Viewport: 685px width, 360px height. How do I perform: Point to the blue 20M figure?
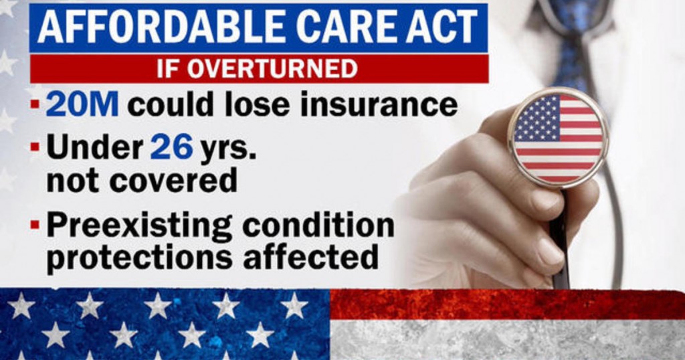pos(82,104)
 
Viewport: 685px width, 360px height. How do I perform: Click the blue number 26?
pos(172,147)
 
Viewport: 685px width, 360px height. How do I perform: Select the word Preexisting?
pos(139,226)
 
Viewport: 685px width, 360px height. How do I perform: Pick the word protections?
pos(139,257)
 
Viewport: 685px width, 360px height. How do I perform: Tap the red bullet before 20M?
pos(35,105)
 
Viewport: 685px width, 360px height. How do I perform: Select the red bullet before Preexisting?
pos(35,225)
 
